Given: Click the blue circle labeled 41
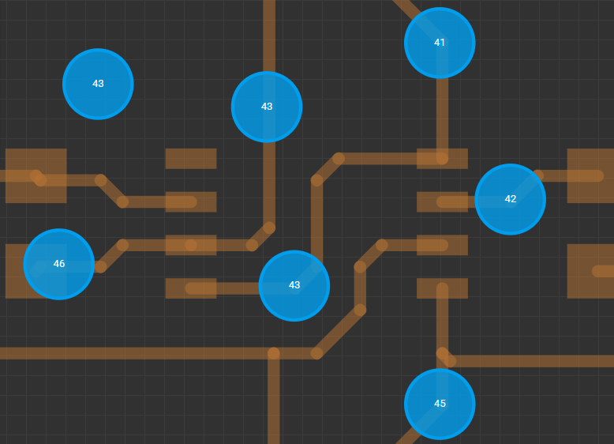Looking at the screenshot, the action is pyautogui.click(x=440, y=43).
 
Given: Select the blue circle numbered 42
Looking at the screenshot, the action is pyautogui.click(x=511, y=199).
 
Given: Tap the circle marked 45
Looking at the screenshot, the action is pyautogui.click(x=440, y=404).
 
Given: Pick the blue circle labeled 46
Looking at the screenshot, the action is pyautogui.click(x=58, y=264).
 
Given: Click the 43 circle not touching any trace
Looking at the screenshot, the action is pyautogui.click(x=98, y=84).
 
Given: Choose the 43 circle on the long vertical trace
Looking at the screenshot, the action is pyautogui.click(x=267, y=107).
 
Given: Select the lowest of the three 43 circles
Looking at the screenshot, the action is pyautogui.click(x=294, y=286).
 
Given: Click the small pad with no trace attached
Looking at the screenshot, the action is pyautogui.click(x=191, y=159).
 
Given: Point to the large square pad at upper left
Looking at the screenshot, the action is pyautogui.click(x=36, y=175).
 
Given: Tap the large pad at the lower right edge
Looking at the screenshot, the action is pyautogui.click(x=590, y=271).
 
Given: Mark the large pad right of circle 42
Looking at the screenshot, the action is pyautogui.click(x=590, y=175).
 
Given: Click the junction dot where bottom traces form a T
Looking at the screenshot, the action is pyautogui.click(x=274, y=353).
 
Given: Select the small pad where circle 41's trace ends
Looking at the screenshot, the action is pyautogui.click(x=442, y=159).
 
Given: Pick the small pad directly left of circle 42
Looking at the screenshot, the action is pyautogui.click(x=442, y=201).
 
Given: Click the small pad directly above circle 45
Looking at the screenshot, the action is pyautogui.click(x=442, y=288).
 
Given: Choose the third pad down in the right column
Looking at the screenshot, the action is pyautogui.click(x=442, y=245).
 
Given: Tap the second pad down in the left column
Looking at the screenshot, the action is pyautogui.click(x=191, y=201).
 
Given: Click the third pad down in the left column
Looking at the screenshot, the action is pyautogui.click(x=191, y=245).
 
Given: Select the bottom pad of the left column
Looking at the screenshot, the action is pyautogui.click(x=191, y=288).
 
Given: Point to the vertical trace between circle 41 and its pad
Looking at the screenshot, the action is pyautogui.click(x=442, y=118).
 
